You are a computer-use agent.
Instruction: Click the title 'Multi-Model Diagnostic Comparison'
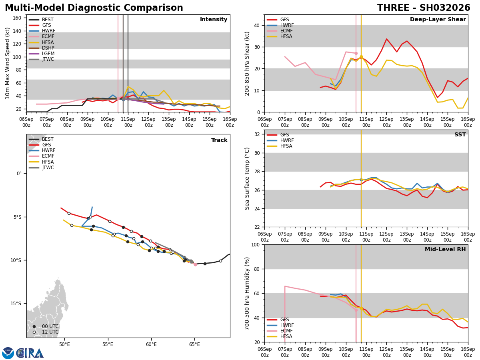click(94, 8)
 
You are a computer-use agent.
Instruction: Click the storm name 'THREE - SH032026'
click(424, 8)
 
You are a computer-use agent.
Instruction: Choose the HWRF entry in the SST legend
click(287, 140)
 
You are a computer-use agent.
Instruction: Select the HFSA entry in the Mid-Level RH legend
click(287, 336)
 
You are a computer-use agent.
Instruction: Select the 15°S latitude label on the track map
click(16, 304)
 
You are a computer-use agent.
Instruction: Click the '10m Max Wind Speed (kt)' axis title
click(8, 63)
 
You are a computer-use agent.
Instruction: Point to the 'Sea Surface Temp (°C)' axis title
click(247, 178)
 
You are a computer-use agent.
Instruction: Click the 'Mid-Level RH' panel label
click(445, 250)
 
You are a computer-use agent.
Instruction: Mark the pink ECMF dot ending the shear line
click(356, 53)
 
